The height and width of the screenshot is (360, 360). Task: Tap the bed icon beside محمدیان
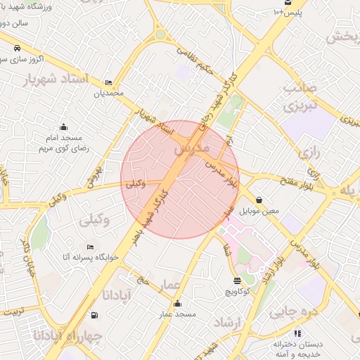(108, 82)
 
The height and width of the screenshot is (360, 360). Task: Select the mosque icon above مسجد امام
(64, 127)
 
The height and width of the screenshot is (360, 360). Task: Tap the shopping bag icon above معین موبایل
(259, 200)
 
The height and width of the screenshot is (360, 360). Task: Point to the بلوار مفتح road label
(295, 185)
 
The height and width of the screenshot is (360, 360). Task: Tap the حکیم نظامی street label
(193, 50)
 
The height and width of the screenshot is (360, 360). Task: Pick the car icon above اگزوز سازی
(16, 49)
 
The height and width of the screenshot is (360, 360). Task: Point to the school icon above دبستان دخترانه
(297, 333)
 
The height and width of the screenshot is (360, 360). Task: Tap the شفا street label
(226, 249)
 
